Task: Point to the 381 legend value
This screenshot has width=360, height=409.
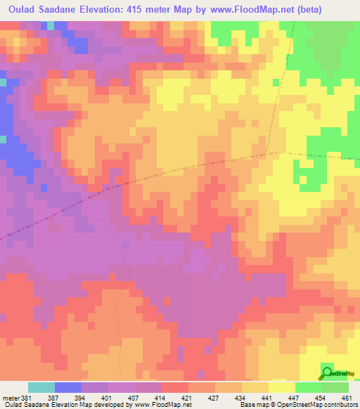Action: [26, 397]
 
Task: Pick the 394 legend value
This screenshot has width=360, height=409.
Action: [82, 397]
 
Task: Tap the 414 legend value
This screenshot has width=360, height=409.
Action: [161, 397]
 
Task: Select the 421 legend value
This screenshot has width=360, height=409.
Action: [188, 397]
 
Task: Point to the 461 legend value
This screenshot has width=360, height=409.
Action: [347, 397]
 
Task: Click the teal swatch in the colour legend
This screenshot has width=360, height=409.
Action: [41, 387]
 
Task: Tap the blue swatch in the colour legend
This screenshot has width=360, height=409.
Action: [68, 387]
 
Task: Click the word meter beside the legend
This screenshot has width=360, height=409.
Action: [9, 397]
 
